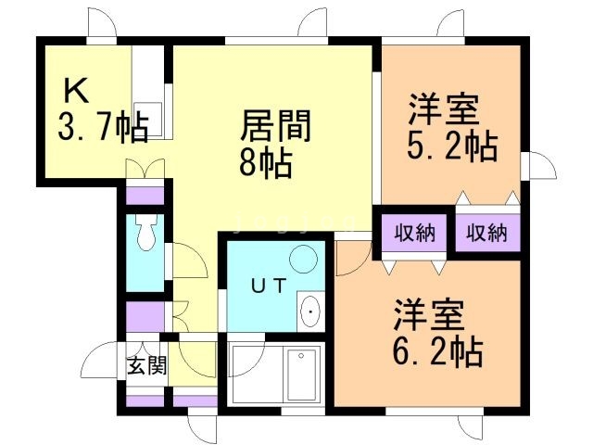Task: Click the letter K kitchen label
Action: (x=77, y=92)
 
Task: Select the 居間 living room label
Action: (x=275, y=125)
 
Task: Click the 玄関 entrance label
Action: (x=146, y=364)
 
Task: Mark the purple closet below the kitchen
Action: (x=145, y=196)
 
